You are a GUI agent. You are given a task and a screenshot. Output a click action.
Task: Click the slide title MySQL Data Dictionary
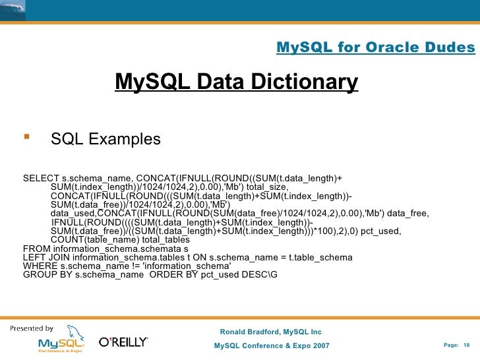(236, 82)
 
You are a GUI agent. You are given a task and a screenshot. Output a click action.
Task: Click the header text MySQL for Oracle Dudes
(375, 47)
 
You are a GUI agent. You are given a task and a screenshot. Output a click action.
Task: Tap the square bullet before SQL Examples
(26, 138)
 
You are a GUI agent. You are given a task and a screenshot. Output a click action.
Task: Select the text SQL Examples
(105, 139)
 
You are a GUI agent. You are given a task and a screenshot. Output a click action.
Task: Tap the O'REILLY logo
(123, 342)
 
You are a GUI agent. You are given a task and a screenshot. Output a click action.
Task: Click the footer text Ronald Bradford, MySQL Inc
(270, 332)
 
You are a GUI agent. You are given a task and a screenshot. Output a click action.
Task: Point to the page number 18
(466, 346)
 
